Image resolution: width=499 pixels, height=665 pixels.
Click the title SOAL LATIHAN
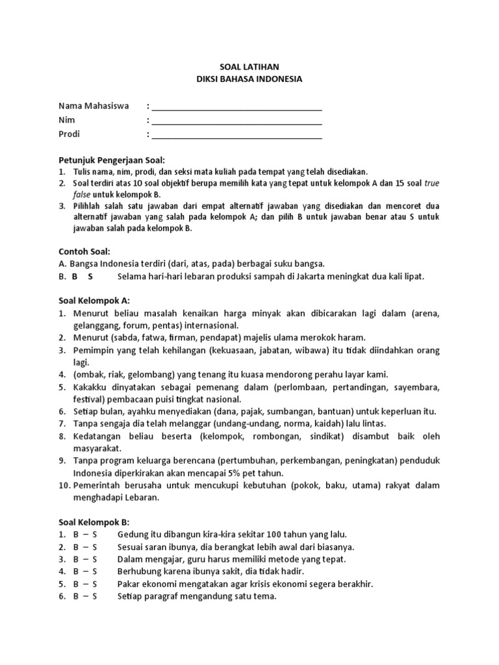[x=249, y=67]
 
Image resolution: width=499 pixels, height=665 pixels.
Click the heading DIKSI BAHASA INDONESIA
[x=249, y=79]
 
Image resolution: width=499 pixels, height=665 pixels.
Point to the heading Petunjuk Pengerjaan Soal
[x=112, y=160]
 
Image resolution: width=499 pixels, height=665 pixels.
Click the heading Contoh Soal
[x=84, y=251]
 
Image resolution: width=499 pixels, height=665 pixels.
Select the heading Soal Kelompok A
[x=94, y=301]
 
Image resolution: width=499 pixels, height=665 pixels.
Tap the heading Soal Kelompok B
[x=94, y=521]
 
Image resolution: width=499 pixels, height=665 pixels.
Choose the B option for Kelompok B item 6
[x=76, y=596]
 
